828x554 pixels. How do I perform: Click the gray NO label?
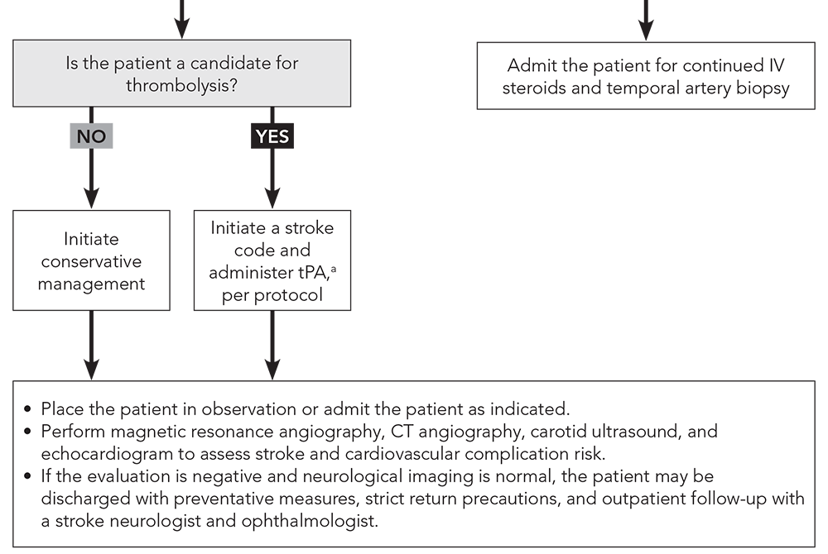[x=91, y=136]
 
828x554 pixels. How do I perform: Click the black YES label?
[x=272, y=136]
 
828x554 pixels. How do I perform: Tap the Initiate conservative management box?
[x=91, y=260]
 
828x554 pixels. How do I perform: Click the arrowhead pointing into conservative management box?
[x=91, y=198]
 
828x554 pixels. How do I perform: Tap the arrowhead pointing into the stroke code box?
[x=272, y=198]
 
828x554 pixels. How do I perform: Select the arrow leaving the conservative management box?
[x=91, y=343]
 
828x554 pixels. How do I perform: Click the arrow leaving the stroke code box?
[x=272, y=343]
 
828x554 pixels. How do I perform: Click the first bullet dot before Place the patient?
[x=28, y=409]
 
